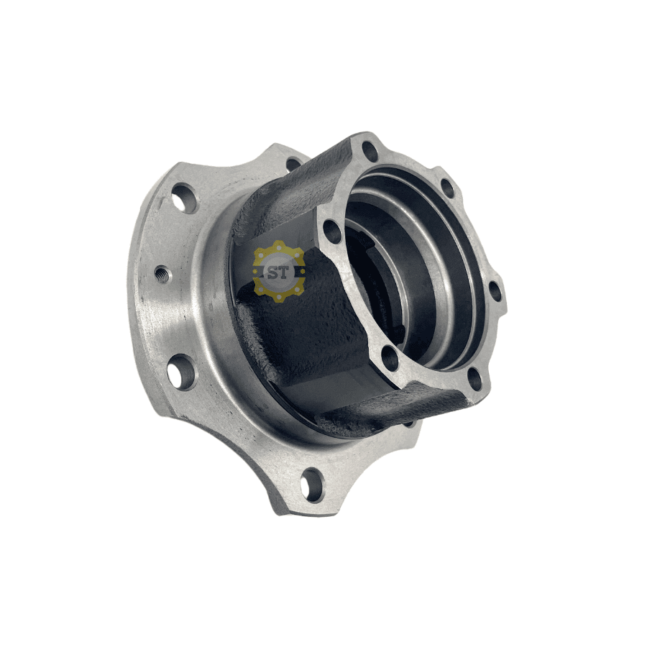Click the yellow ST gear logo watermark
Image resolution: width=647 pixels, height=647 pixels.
(x=279, y=272)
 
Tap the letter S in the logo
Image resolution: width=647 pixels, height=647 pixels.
(x=272, y=272)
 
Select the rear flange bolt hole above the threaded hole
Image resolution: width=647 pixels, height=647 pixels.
(x=183, y=198)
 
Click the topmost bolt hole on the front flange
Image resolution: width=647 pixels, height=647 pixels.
(x=370, y=152)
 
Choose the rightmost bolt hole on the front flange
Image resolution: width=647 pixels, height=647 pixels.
(x=496, y=291)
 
